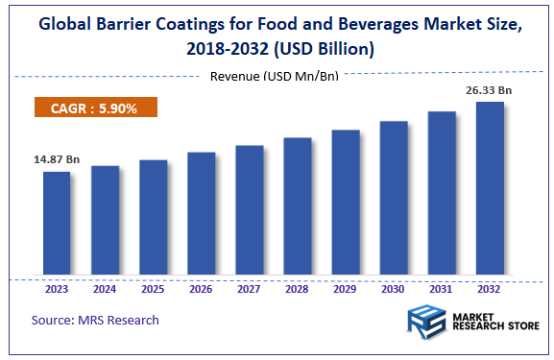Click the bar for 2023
[x=57, y=224]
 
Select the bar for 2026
[x=201, y=213]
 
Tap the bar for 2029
[x=345, y=203]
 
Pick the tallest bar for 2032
[x=490, y=188]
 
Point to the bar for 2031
[x=442, y=193]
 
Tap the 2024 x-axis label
[x=105, y=287]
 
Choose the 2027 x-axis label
[x=249, y=287]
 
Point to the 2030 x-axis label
[x=394, y=287]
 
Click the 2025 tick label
[x=153, y=287]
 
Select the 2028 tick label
[x=297, y=287]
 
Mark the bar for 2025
[x=153, y=218]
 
